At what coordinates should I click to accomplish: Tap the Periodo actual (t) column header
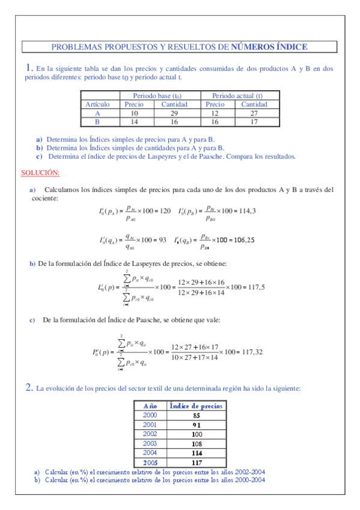coord(237,96)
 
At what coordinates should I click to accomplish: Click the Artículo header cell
coord(97,104)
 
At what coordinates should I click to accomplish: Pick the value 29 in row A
coord(174,112)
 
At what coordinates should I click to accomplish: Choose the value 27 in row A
coord(254,112)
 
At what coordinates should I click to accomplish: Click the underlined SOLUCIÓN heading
coord(40,173)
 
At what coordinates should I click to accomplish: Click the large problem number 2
coord(29,388)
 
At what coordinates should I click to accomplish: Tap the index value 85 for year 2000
coord(197,415)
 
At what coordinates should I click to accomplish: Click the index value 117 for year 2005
coord(197,462)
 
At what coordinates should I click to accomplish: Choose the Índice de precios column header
coord(197,406)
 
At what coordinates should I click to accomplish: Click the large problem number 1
coord(29,68)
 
